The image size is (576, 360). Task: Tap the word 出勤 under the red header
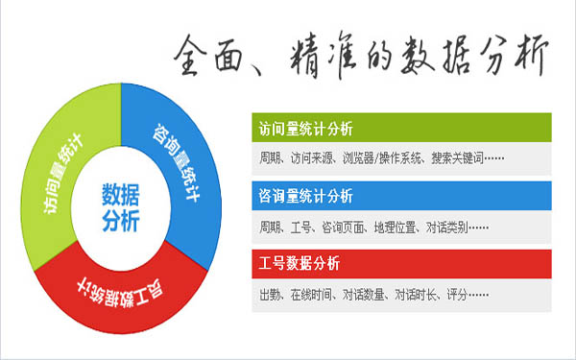270,294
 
